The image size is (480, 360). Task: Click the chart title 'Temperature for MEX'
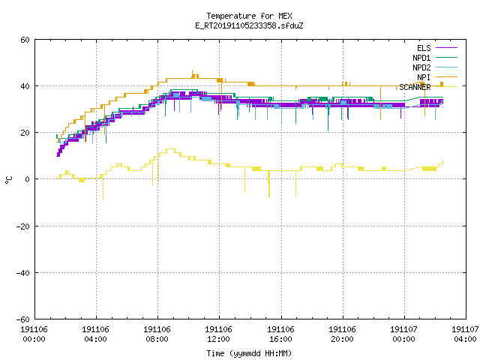249,16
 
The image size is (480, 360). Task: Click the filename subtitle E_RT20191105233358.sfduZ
249,25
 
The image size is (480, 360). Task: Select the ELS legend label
424,48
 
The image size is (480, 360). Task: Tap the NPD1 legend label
421,58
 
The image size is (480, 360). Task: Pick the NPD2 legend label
421,67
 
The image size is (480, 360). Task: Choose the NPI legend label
424,77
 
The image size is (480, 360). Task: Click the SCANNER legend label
415,87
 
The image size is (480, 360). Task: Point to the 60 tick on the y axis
25,40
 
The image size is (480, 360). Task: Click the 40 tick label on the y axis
25,86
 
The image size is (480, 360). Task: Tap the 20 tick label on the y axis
25,133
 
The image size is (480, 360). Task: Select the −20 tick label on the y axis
23,226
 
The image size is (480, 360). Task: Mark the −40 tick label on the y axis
23,273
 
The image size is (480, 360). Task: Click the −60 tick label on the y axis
23,319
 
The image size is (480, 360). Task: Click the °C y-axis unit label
8,180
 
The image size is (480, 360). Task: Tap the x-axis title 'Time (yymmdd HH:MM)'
249,353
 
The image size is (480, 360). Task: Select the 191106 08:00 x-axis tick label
157,334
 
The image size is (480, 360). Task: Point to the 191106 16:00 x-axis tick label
280,334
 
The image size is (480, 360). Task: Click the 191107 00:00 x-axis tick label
403,334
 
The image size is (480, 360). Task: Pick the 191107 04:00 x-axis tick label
465,334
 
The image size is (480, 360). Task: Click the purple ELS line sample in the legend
447,48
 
